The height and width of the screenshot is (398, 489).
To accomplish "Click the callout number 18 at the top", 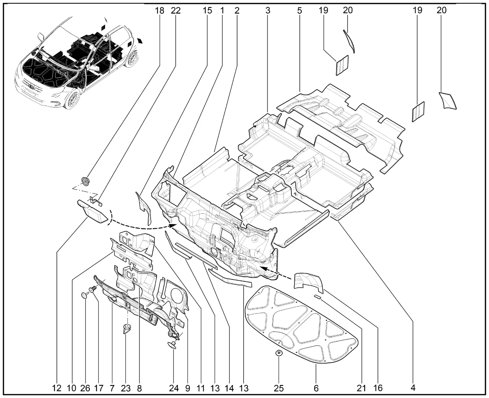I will (160, 10).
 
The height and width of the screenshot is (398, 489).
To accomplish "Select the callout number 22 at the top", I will (176, 10).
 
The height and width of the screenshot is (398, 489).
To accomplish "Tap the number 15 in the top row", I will (207, 10).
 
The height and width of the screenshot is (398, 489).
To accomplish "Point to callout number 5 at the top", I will (299, 10).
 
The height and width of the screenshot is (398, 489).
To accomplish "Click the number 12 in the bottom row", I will (57, 388).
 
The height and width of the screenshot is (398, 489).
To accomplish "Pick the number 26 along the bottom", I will (85, 388).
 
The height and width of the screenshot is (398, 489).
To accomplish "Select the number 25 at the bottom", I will (279, 388).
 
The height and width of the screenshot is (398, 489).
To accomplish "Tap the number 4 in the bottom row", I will (413, 388).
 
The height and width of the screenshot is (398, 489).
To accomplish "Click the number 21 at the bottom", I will (361, 388).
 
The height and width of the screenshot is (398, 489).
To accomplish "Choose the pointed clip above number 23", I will (126, 328).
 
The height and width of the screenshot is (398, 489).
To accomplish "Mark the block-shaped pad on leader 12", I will (94, 211).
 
